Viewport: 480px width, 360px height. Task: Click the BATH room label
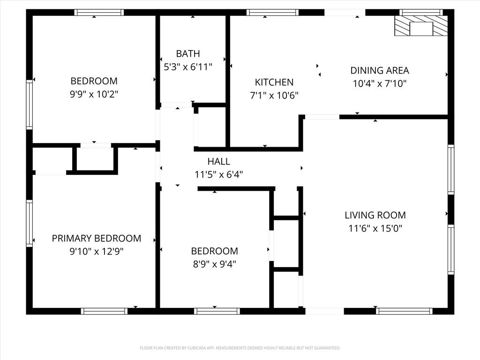(188, 53)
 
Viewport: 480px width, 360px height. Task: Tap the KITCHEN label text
(274, 82)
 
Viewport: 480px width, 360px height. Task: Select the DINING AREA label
(380, 70)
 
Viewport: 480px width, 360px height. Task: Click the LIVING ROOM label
(375, 215)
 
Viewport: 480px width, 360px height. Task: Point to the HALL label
(218, 161)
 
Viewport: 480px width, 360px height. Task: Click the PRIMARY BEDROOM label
(97, 238)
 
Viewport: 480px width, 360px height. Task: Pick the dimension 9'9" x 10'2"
(94, 94)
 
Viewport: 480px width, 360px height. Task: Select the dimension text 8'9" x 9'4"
(214, 264)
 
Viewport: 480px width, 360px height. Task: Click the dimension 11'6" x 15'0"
(375, 228)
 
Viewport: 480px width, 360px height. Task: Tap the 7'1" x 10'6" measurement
(274, 96)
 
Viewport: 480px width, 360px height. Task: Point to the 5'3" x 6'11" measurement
(188, 67)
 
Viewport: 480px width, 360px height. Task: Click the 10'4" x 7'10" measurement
(380, 83)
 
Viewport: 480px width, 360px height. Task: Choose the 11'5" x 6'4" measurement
(218, 174)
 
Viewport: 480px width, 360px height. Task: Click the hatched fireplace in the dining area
(421, 26)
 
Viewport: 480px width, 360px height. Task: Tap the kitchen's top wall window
(272, 13)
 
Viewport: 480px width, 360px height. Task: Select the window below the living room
(404, 311)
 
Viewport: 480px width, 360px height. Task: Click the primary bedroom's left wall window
(30, 224)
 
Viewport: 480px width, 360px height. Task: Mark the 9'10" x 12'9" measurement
(97, 252)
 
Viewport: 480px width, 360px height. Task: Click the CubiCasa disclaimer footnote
(240, 348)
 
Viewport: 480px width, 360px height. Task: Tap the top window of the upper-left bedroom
(99, 13)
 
